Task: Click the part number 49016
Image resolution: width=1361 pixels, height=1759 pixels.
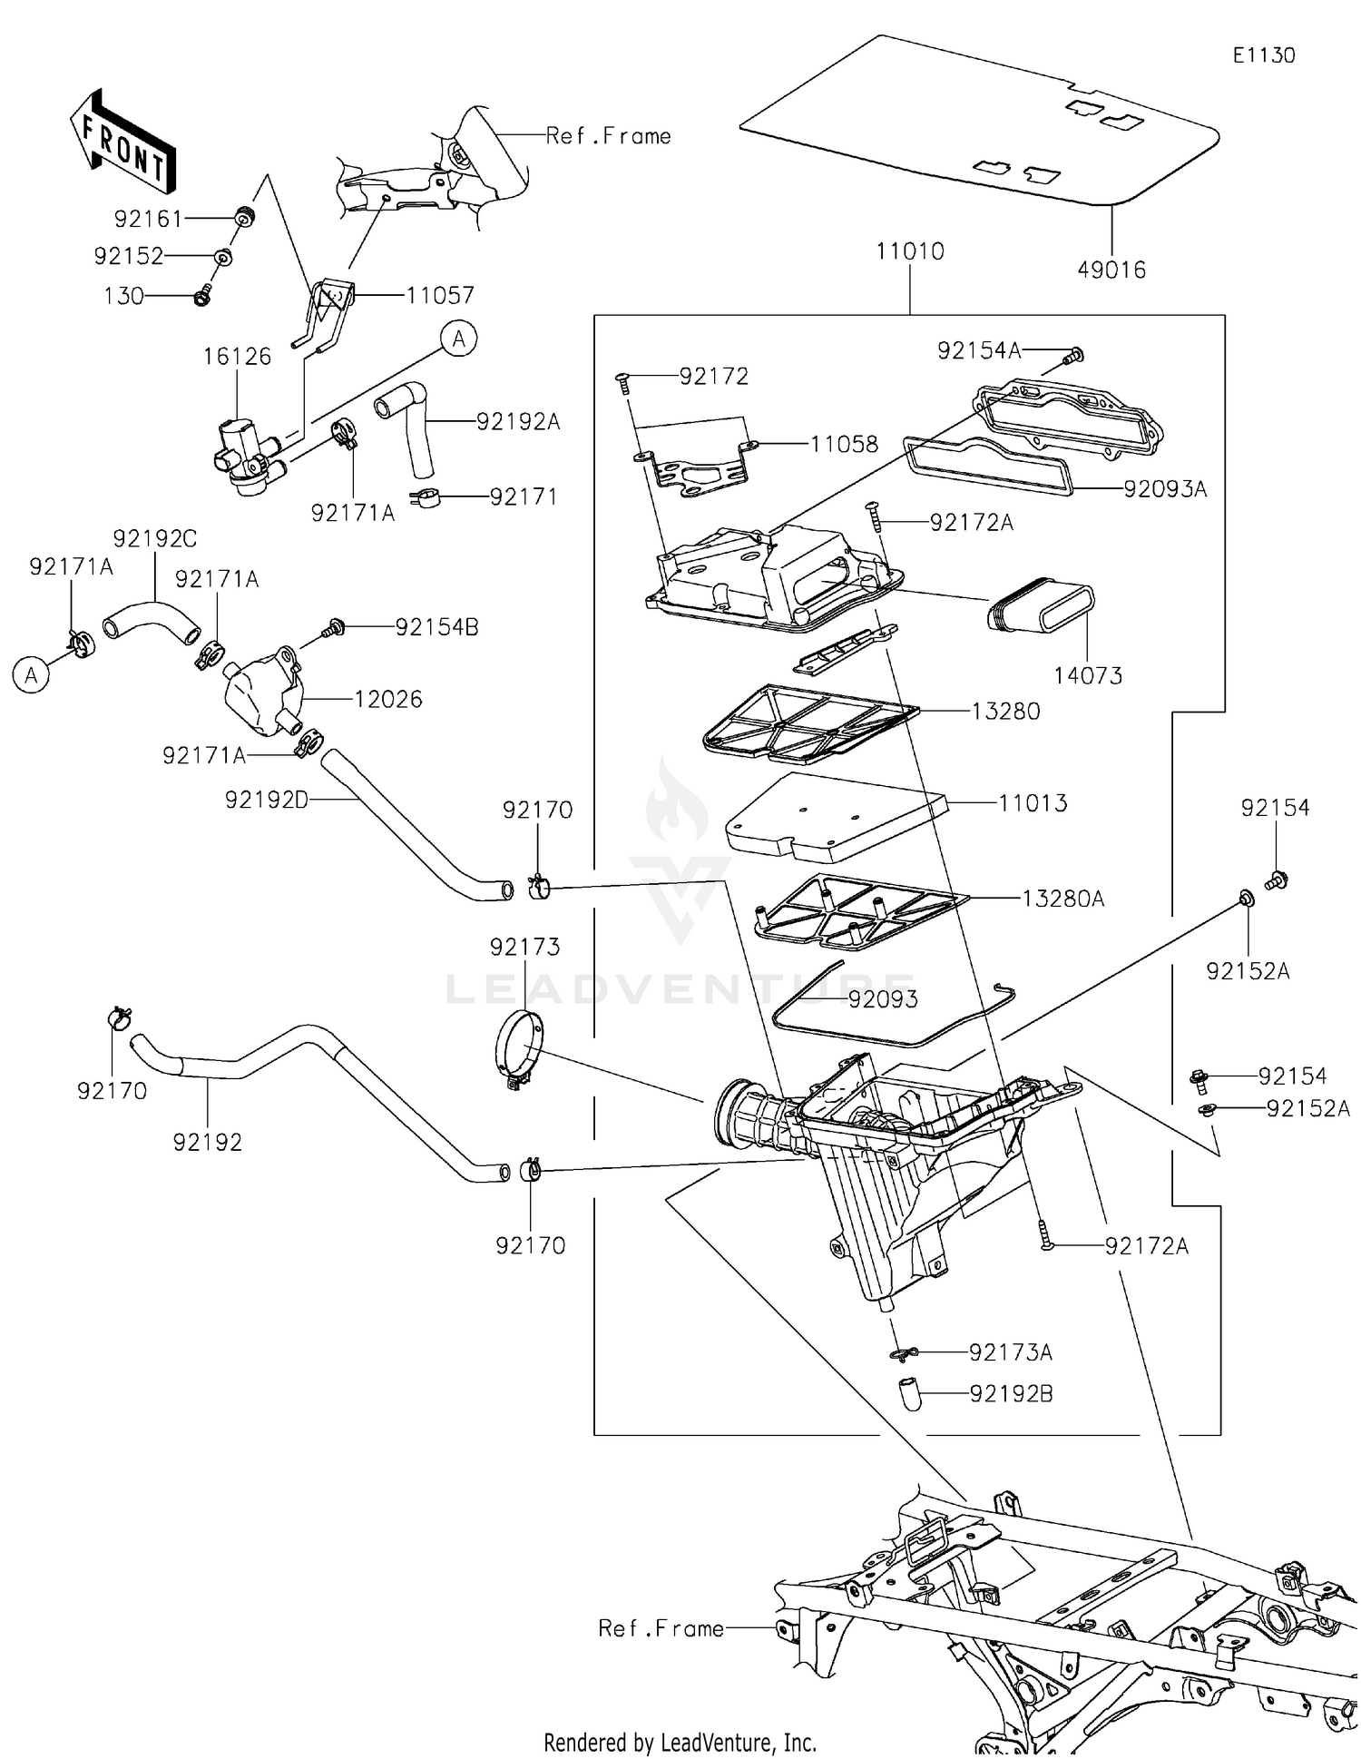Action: pyautogui.click(x=1111, y=270)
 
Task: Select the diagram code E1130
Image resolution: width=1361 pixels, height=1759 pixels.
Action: pyautogui.click(x=1263, y=55)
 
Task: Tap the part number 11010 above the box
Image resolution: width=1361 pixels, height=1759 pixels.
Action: pyautogui.click(x=909, y=251)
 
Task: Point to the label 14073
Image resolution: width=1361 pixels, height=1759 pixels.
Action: pyautogui.click(x=1087, y=675)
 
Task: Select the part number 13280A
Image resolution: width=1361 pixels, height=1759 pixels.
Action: pyautogui.click(x=1062, y=899)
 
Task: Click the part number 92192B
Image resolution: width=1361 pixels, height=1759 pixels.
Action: pyautogui.click(x=1011, y=1393)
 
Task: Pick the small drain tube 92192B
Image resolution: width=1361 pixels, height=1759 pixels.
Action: pyautogui.click(x=908, y=1393)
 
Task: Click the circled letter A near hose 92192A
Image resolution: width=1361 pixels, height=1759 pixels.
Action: pyautogui.click(x=459, y=339)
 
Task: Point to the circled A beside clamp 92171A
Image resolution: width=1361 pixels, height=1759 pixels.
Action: pyautogui.click(x=31, y=675)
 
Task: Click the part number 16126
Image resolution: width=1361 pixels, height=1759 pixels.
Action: pyautogui.click(x=237, y=357)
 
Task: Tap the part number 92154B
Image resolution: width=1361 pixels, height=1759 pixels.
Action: pyautogui.click(x=436, y=627)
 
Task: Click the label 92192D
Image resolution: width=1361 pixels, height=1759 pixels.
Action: pyautogui.click(x=267, y=800)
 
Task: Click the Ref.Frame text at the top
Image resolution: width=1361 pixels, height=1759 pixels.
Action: pyautogui.click(x=608, y=136)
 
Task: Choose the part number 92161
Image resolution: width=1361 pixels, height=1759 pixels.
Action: pyautogui.click(x=148, y=219)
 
